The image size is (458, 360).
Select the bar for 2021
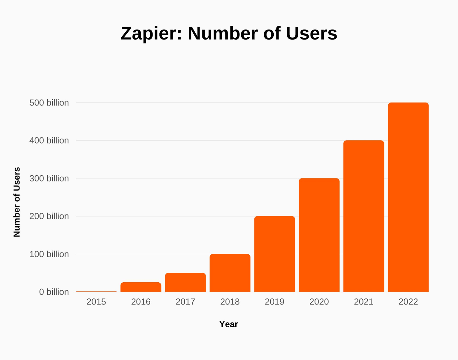(x=364, y=216)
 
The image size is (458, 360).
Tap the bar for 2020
(x=319, y=235)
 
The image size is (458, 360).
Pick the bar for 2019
(x=275, y=254)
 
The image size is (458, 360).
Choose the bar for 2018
(x=230, y=273)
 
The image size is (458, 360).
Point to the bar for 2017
(x=185, y=282)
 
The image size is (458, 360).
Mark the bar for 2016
(x=141, y=287)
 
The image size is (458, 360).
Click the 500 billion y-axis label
(x=49, y=103)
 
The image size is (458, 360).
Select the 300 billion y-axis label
(x=49, y=178)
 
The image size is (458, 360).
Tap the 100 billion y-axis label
(x=49, y=254)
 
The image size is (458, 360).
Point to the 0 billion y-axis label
(x=54, y=292)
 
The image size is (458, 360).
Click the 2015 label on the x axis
(x=96, y=302)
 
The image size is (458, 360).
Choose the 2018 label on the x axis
(x=230, y=302)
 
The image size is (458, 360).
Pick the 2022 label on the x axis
(x=408, y=302)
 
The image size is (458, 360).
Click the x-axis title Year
(x=228, y=324)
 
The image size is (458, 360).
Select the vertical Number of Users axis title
(x=17, y=202)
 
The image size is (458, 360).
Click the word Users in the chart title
(x=311, y=34)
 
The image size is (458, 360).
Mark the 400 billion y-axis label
(x=49, y=141)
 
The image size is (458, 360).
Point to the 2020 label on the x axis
(x=319, y=302)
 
